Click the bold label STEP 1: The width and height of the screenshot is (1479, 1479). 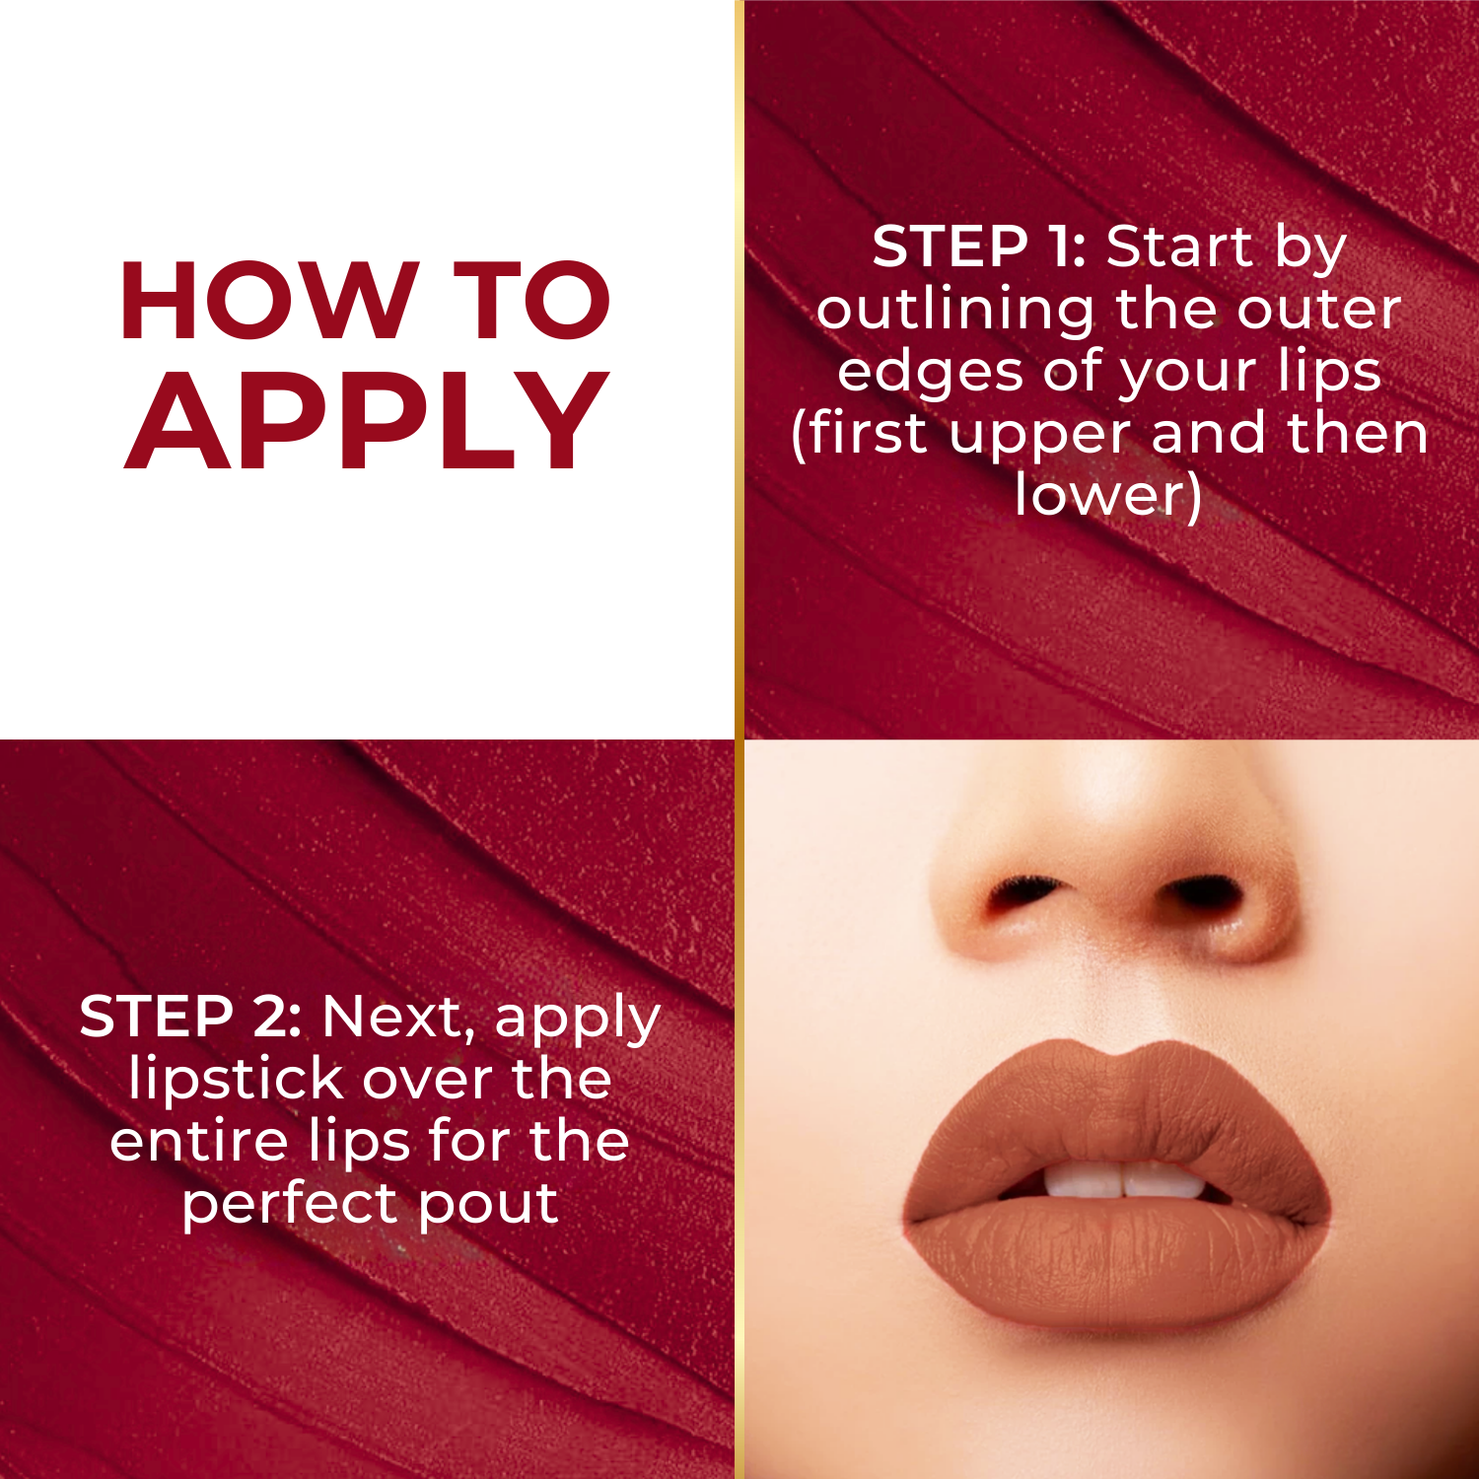pyautogui.click(x=978, y=246)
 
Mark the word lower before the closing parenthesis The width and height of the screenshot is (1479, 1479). pyautogui.click(x=1097, y=495)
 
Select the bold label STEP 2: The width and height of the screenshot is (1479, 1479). pyautogui.click(x=190, y=1017)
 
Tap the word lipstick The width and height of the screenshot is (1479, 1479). pyautogui.click(x=236, y=1079)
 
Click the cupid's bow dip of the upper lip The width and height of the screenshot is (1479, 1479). pyautogui.click(x=1116, y=1057)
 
